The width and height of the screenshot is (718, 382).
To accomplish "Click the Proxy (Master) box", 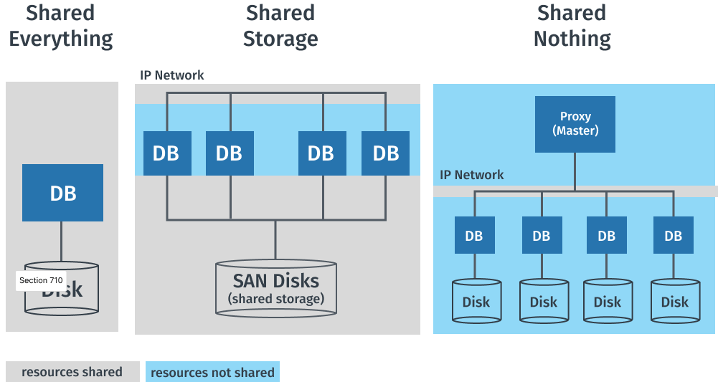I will (x=575, y=124).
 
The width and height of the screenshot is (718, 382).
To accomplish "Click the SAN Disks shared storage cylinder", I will (x=275, y=287).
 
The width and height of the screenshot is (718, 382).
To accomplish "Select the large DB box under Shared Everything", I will (x=62, y=192).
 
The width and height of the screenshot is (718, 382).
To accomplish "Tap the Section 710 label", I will (x=41, y=280).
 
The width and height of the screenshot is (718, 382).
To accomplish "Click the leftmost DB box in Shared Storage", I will (x=166, y=153).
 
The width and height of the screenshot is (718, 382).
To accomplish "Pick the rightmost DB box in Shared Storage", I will (x=385, y=153).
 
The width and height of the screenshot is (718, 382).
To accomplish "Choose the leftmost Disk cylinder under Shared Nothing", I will (x=476, y=300).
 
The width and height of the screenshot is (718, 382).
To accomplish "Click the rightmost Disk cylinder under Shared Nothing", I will (x=674, y=300).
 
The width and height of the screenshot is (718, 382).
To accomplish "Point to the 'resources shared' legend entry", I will (x=72, y=372).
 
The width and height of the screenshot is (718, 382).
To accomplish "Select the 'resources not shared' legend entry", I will (x=212, y=372).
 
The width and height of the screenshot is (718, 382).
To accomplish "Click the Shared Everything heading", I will (x=61, y=25).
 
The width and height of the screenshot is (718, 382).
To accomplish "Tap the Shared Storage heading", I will (x=280, y=25).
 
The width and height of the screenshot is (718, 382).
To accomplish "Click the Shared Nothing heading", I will (x=572, y=25).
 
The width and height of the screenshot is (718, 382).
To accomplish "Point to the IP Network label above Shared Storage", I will (x=172, y=75).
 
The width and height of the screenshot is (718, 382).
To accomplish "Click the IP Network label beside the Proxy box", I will (x=471, y=174).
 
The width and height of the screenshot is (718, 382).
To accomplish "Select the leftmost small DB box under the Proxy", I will (x=474, y=235).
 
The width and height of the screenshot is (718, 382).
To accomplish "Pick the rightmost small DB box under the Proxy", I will (x=674, y=235).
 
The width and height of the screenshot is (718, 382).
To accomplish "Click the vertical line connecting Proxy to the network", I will (x=575, y=171).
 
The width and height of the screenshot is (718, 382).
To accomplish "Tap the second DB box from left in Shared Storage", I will (x=229, y=153).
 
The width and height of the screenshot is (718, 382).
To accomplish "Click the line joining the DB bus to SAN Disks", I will (x=275, y=239).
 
